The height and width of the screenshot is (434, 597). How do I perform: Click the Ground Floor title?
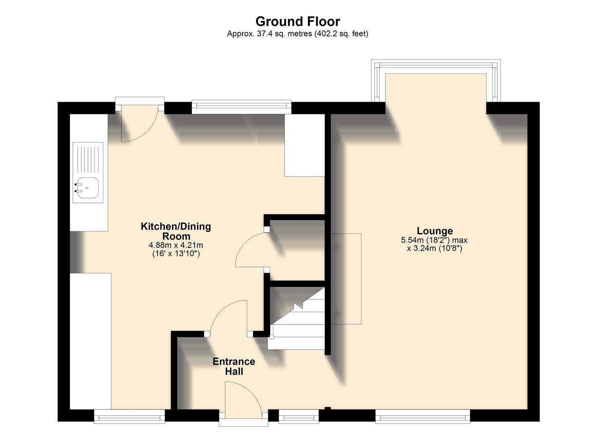tap(297, 21)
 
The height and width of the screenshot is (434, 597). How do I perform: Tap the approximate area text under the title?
tap(297, 34)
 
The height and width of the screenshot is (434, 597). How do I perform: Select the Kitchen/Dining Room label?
tap(176, 231)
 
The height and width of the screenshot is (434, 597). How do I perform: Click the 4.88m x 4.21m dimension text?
tap(176, 245)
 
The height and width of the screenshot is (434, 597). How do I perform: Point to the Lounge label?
tap(435, 231)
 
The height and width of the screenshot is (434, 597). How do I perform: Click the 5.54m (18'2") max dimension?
tap(434, 240)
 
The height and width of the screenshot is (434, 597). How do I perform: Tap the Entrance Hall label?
tap(234, 366)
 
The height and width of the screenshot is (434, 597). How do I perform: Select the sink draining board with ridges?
tap(88, 159)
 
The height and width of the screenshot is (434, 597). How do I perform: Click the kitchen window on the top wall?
tap(241, 106)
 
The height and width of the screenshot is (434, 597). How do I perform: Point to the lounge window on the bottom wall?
tap(423, 417)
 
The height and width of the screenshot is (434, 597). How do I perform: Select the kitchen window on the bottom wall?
tap(129, 417)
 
